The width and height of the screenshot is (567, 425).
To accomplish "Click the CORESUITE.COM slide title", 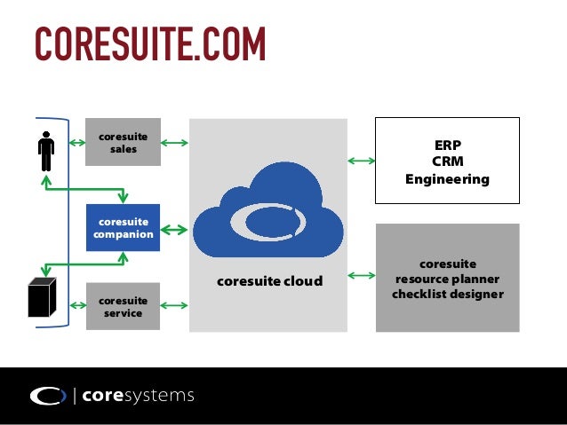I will tap(149, 43).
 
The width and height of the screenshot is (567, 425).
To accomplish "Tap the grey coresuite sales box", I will tap(123, 142).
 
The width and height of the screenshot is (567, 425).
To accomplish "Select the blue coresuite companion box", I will tap(123, 228).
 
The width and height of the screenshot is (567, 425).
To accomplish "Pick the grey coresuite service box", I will tap(123, 306).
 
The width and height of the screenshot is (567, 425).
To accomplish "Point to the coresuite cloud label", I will tap(269, 281).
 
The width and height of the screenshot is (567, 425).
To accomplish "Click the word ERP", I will tap(447, 145).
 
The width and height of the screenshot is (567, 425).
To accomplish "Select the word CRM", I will tap(447, 161).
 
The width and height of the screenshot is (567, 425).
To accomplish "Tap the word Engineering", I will tap(447, 179).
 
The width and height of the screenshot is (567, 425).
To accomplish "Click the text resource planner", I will tap(447, 279).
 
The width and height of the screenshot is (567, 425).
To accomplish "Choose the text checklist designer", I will tap(447, 294).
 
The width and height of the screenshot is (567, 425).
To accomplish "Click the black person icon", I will tap(46, 152).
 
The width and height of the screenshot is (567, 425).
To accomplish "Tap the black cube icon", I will tap(41, 297).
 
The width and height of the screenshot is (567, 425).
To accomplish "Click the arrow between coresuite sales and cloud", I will tap(175, 142).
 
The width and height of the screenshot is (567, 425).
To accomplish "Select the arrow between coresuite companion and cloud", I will tap(175, 230).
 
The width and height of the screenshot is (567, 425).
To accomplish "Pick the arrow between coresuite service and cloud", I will tap(175, 306).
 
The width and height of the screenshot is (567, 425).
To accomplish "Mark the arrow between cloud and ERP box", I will tap(361, 161).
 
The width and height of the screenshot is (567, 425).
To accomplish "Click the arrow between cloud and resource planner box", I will tap(361, 276).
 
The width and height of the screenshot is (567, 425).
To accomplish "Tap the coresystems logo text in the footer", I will tap(138, 396).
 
